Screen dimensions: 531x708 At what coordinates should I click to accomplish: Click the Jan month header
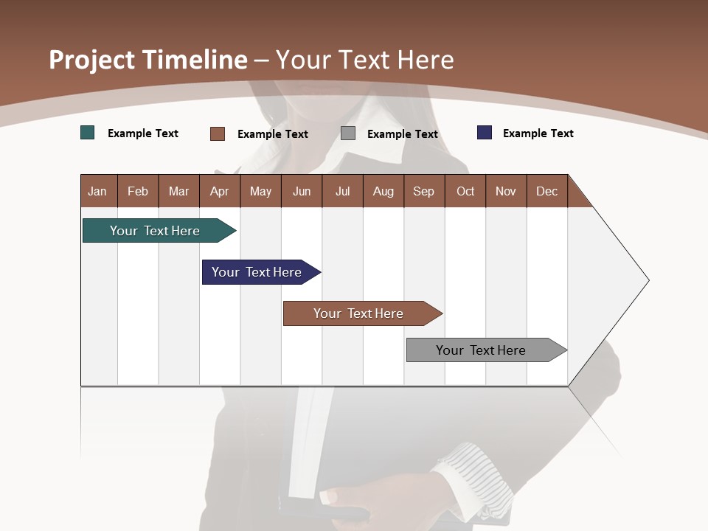click(97, 191)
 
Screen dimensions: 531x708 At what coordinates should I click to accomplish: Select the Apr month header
click(219, 191)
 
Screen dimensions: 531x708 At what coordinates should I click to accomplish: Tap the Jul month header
click(342, 191)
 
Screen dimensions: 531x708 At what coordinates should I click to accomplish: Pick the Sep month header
click(423, 191)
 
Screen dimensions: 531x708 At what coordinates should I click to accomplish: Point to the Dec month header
click(546, 191)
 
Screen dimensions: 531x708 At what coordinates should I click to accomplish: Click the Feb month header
click(138, 191)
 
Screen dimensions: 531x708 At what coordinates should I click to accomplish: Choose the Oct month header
click(465, 191)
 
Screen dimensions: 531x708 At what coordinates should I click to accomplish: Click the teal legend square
click(88, 133)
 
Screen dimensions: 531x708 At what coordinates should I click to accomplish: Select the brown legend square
click(218, 133)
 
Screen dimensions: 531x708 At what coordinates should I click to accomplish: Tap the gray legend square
click(348, 133)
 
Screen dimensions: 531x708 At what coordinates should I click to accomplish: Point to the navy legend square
click(485, 133)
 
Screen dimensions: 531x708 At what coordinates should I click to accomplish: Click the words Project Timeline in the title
click(148, 60)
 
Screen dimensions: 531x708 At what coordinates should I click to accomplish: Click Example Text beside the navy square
click(538, 133)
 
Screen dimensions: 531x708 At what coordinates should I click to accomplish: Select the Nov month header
click(506, 191)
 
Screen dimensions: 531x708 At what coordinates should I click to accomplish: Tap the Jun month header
click(302, 191)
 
